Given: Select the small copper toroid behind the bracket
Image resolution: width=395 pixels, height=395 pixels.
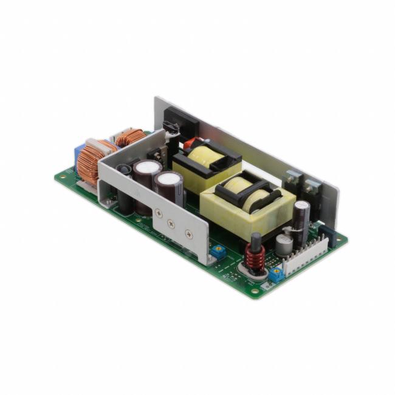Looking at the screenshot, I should tap(130, 138).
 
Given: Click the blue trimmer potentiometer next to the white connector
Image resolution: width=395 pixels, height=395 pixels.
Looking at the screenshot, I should tap(276, 274).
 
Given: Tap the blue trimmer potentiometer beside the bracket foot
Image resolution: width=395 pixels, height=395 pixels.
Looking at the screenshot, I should tap(216, 250).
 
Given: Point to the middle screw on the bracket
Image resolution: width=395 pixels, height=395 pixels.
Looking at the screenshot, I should tap(173, 223).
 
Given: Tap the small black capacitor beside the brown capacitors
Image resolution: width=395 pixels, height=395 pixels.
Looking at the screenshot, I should tap(125, 172).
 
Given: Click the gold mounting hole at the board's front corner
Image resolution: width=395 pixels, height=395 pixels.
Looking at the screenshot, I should tap(255, 290).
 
